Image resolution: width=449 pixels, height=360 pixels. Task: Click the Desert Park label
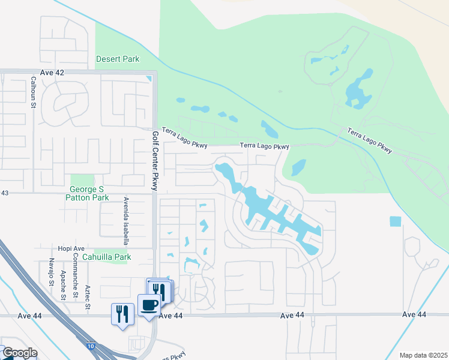[x=118, y=59]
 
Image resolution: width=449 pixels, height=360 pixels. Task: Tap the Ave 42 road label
[x=52, y=72]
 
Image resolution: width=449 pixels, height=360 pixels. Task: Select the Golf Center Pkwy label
[x=155, y=161]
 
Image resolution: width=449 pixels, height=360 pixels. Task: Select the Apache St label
[x=63, y=284]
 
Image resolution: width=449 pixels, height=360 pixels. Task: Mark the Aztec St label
[x=88, y=297]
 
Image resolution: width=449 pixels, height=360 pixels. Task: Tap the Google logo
[x=19, y=353]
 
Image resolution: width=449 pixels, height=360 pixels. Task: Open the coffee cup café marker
[x=149, y=305]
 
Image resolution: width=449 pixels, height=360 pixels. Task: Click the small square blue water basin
[x=395, y=221]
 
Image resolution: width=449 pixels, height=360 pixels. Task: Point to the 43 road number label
[x=5, y=193]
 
